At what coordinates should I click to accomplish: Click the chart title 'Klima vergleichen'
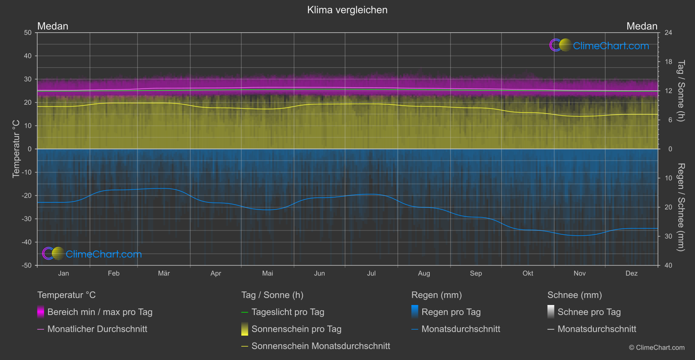tap(347, 10)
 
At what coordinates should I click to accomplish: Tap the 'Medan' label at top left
tap(53, 26)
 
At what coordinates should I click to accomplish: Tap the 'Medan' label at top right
tap(642, 26)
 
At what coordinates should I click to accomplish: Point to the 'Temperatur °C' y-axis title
tap(16, 149)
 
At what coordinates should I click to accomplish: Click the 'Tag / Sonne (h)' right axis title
tap(681, 91)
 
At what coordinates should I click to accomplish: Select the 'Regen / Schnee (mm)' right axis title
tap(681, 207)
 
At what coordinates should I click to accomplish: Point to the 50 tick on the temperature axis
tap(28, 33)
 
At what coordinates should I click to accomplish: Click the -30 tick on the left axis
tap(27, 219)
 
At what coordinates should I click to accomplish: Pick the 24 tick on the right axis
tap(668, 33)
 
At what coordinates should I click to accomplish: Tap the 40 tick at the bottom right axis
tap(668, 265)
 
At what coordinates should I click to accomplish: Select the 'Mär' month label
tap(164, 274)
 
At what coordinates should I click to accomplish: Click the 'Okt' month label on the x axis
tap(528, 274)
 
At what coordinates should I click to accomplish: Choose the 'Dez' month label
tap(631, 274)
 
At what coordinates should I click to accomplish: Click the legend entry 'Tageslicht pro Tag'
tap(288, 312)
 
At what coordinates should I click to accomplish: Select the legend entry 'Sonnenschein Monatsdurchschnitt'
tap(321, 346)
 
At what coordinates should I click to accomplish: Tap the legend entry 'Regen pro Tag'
tap(451, 312)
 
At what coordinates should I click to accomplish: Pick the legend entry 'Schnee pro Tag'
tap(589, 312)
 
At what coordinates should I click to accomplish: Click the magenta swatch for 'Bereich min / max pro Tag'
tap(41, 312)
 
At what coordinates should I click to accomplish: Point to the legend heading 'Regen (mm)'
tap(436, 295)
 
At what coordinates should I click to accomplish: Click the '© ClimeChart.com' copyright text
tap(657, 348)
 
